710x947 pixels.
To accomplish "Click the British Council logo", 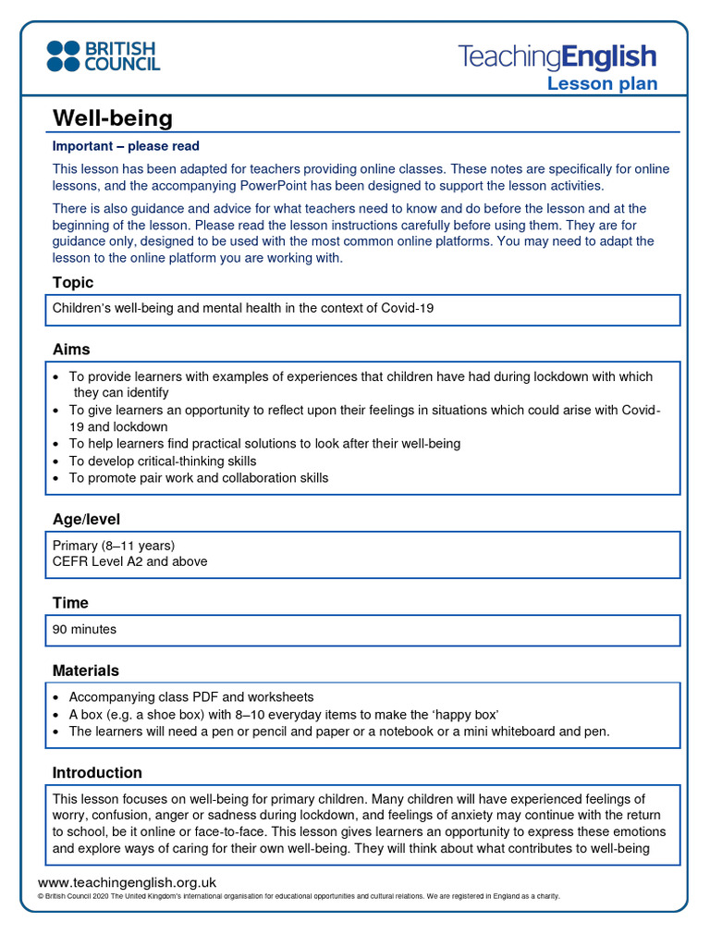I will pos(104,56).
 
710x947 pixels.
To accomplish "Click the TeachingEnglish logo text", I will pos(557,57).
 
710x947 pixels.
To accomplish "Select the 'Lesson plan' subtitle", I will pos(602,84).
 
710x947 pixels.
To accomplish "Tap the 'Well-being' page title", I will pos(112,118).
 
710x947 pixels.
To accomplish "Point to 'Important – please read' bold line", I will pos(126,146).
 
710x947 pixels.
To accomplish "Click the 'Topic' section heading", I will pos(73,283).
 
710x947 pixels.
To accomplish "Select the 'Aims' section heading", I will pos(71,350).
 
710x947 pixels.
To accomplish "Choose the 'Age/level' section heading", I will pos(86,520).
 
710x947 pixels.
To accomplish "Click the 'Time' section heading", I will pos(70,603).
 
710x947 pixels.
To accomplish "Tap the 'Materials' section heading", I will pos(85,670).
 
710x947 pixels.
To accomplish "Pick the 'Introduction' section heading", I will pos(97,773).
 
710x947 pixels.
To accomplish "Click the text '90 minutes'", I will pos(85,629).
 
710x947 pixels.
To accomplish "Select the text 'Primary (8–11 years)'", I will pos(114,545).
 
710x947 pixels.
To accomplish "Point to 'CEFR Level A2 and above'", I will pos(129,561).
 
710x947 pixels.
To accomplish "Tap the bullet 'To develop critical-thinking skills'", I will pos(163,461).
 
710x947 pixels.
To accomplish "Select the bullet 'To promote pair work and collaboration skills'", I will pos(198,478).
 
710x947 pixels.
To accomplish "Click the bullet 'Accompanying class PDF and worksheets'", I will pos(191,697).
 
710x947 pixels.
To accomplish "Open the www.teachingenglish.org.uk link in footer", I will pos(127,882).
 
